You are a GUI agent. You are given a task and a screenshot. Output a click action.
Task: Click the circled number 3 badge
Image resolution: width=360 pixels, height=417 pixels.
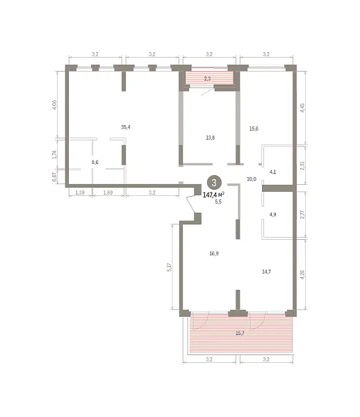pyautogui.click(x=214, y=182)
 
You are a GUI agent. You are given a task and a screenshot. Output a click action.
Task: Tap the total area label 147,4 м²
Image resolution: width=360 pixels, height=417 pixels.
pyautogui.click(x=214, y=195)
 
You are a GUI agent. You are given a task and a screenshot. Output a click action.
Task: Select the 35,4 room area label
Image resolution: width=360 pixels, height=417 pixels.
pyautogui.click(x=126, y=127)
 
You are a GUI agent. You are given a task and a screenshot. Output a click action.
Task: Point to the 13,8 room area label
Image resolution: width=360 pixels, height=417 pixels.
pyautogui.click(x=211, y=138)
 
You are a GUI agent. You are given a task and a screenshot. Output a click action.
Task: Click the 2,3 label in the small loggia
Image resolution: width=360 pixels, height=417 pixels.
pyautogui.click(x=207, y=79)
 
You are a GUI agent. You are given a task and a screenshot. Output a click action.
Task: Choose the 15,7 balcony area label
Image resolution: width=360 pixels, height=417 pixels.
pyautogui.click(x=240, y=333)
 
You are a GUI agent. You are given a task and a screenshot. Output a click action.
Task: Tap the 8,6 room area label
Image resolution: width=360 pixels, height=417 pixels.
pyautogui.click(x=95, y=162)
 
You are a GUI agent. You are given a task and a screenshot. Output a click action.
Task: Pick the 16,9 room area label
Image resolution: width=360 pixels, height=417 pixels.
pyautogui.click(x=214, y=254)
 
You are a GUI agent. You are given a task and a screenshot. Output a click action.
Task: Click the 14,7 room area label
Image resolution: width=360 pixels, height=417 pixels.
pyautogui.click(x=266, y=272)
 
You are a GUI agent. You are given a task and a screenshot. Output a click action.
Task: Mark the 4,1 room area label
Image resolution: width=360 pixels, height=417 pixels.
pyautogui.click(x=273, y=172)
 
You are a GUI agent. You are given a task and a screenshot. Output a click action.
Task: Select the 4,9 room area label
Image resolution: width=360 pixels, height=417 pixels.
pyautogui.click(x=273, y=215)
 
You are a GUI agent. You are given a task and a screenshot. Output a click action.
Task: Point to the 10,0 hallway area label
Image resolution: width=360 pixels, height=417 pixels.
pyautogui.click(x=252, y=179)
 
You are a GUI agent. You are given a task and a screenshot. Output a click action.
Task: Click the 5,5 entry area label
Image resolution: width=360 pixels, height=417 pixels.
pyautogui.click(x=218, y=202)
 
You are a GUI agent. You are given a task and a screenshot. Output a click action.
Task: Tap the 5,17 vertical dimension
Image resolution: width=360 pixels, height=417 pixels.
pyautogui.click(x=170, y=267)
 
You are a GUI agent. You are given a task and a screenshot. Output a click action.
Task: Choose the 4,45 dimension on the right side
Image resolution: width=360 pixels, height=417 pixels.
pyautogui.click(x=302, y=108)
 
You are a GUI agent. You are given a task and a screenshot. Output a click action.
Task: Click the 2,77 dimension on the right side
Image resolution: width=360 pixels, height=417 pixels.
pyautogui.click(x=302, y=214)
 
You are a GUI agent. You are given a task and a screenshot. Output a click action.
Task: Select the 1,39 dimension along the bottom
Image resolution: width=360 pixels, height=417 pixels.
pyautogui.click(x=80, y=193)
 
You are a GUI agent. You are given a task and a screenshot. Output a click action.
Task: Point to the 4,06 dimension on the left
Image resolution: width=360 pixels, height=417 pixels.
pyautogui.click(x=54, y=105)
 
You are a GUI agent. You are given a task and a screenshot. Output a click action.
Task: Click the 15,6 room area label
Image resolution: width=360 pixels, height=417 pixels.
pyautogui.click(x=254, y=129)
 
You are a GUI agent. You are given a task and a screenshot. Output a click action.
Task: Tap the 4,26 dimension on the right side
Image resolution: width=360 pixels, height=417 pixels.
pyautogui.click(x=302, y=275)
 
